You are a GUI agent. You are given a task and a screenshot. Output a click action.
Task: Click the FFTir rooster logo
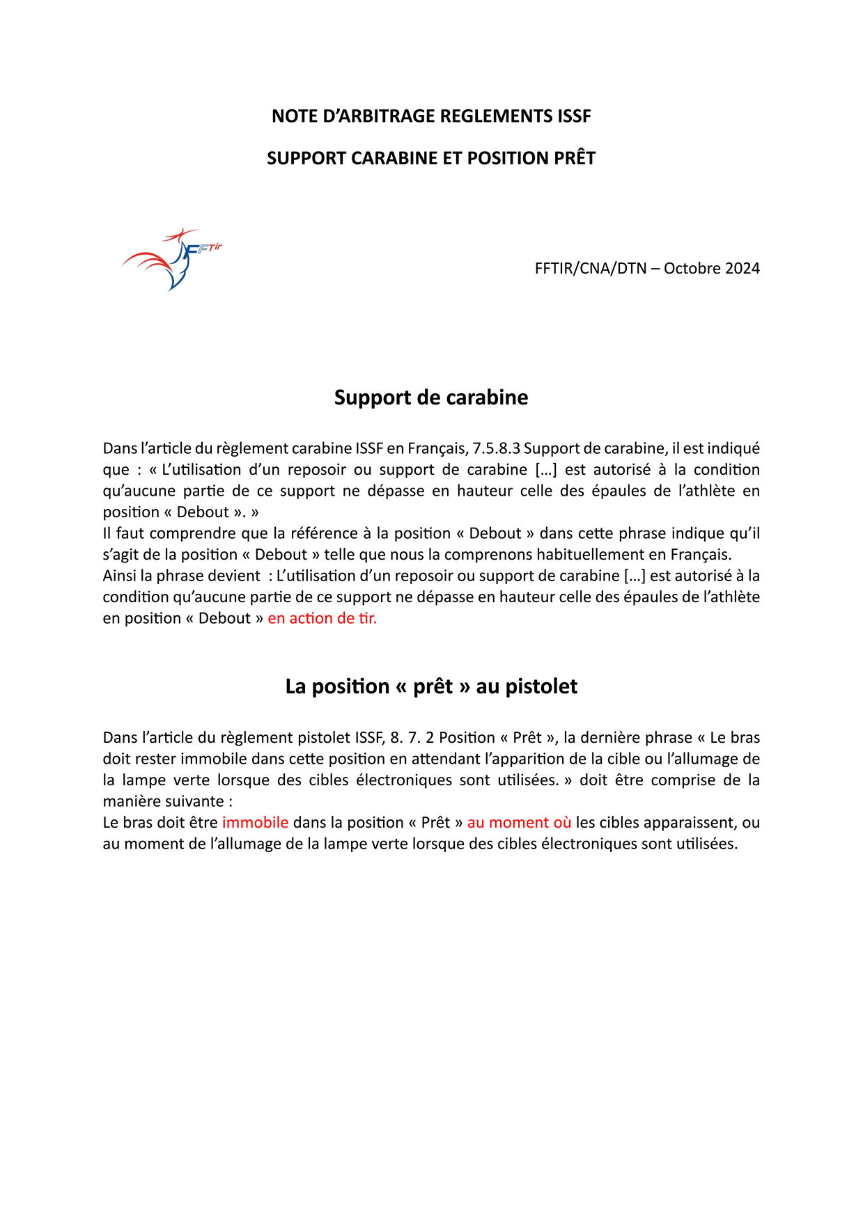(x=171, y=259)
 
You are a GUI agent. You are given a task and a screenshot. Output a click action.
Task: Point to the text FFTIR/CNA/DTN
(x=591, y=269)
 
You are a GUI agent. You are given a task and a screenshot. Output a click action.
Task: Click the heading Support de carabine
(x=431, y=397)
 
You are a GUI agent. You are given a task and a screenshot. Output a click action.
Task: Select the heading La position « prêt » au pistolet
(x=431, y=686)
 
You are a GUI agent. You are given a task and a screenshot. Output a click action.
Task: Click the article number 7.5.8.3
(x=496, y=448)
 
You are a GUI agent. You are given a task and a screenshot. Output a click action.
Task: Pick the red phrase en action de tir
(x=322, y=618)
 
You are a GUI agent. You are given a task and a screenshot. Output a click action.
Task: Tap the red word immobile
(x=255, y=822)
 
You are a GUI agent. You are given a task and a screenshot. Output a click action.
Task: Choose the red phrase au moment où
(x=519, y=822)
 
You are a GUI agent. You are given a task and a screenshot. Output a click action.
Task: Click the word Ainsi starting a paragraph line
(x=119, y=576)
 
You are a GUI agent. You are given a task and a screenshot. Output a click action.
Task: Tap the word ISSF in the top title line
(x=574, y=116)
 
